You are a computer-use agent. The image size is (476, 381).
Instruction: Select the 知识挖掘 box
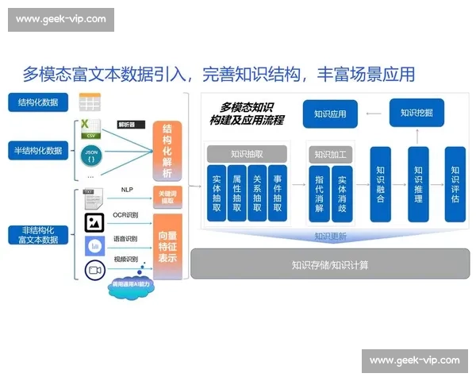coord(416,113)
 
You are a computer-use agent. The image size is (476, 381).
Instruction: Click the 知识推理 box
coord(418,184)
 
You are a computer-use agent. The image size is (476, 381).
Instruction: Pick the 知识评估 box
coord(455,184)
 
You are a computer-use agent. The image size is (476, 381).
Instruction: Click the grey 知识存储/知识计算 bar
coord(329,264)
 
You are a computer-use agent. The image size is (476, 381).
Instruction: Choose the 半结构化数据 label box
coord(38,150)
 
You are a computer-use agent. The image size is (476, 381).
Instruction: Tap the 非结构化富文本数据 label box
coord(38,234)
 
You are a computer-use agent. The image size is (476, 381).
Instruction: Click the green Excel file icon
coord(90,127)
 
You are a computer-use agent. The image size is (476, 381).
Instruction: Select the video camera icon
coord(95,270)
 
